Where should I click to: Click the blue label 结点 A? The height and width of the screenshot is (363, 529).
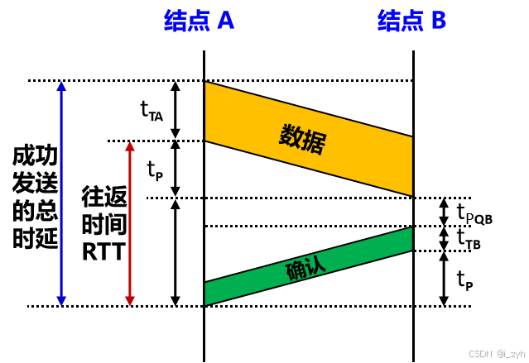(199, 21)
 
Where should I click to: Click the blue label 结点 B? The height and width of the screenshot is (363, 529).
(411, 21)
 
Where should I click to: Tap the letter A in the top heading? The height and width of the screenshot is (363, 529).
(225, 21)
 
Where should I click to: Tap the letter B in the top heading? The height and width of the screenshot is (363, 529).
(438, 21)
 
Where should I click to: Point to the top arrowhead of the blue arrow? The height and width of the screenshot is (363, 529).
(61, 85)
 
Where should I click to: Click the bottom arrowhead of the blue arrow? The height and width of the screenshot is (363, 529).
(61, 301)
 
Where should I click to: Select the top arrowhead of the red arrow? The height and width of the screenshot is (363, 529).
(130, 146)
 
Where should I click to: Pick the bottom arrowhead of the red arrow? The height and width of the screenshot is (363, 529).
(130, 301)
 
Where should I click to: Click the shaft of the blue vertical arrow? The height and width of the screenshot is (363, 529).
(61, 193)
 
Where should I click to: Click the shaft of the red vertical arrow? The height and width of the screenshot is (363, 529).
(130, 223)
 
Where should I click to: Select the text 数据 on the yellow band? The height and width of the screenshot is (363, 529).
(302, 139)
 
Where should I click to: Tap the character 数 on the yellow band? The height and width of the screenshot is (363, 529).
(291, 136)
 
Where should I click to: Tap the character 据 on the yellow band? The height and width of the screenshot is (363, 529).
(313, 143)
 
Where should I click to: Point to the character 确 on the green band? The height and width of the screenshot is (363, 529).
(296, 271)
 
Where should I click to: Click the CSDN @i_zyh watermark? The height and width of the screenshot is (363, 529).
(496, 353)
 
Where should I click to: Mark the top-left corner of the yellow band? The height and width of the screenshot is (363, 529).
(206, 84)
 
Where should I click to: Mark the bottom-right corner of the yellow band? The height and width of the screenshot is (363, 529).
(411, 194)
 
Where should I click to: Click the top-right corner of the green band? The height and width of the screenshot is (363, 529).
(411, 229)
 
